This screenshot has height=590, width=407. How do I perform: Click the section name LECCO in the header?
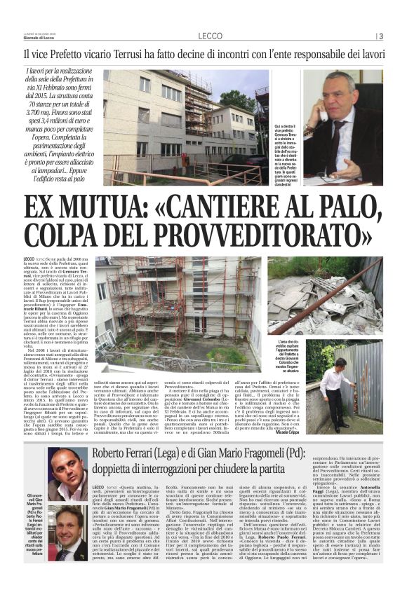[210, 36]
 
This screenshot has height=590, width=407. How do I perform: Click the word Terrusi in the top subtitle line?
[135, 53]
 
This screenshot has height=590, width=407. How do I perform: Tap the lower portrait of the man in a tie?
[67, 531]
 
